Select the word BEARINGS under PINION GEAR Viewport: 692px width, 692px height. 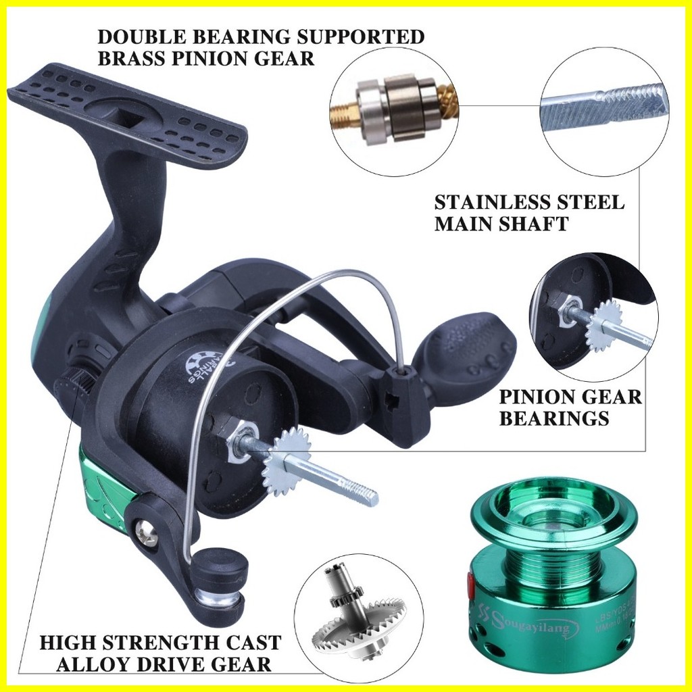pyautogui.click(x=554, y=418)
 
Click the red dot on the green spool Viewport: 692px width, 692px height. pyautogui.click(x=470, y=582)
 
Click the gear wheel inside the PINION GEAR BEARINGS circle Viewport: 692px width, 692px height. pyautogui.click(x=603, y=325)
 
